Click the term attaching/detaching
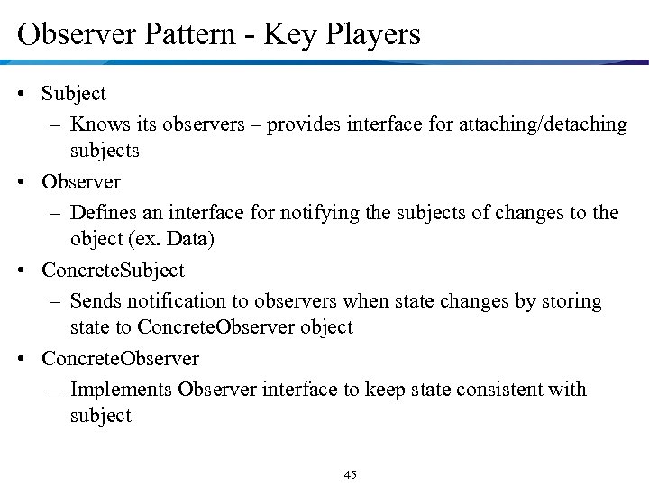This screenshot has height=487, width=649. tap(545, 124)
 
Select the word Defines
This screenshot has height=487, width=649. tap(103, 212)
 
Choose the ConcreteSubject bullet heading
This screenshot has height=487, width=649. tap(113, 271)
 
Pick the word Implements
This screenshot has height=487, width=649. tap(121, 389)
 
